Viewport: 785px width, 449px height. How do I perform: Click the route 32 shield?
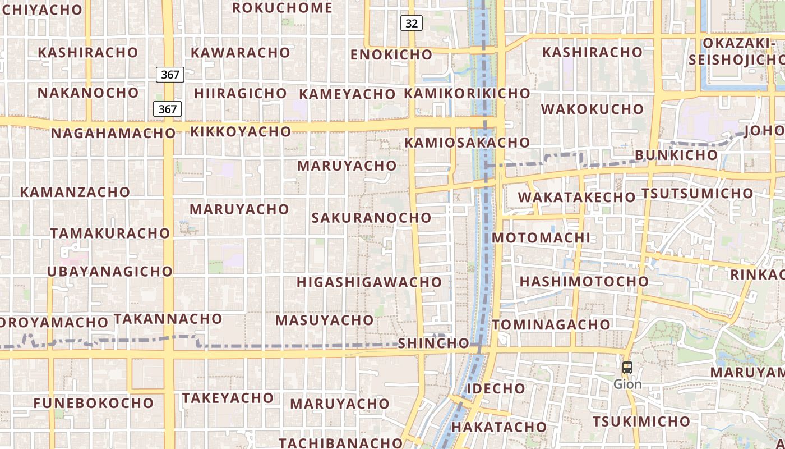click(411, 23)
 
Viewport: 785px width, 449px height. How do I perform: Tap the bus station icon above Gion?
click(627, 368)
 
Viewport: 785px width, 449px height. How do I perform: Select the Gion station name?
click(627, 384)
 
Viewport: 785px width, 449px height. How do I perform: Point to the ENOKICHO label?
click(391, 54)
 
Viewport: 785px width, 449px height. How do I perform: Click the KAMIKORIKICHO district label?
click(467, 93)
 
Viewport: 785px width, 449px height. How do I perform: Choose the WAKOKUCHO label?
click(592, 109)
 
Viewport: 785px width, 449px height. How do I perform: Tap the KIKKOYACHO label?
click(241, 132)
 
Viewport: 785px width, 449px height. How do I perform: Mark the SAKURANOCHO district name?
click(372, 218)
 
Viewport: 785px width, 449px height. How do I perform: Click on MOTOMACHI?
click(541, 237)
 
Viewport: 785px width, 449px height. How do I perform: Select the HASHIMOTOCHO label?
click(584, 281)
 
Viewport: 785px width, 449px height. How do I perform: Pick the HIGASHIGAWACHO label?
click(370, 282)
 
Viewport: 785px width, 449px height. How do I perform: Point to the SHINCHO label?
click(433, 343)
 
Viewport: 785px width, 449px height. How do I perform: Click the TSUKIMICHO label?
click(641, 421)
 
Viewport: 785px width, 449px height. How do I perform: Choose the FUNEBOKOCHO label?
click(94, 403)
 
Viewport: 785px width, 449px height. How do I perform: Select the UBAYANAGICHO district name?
click(110, 271)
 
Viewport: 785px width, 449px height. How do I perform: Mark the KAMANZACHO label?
click(75, 192)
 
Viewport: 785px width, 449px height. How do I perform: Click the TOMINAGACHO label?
click(551, 324)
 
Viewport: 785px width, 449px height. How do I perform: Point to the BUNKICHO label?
click(676, 155)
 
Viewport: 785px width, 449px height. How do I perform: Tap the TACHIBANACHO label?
click(341, 443)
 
